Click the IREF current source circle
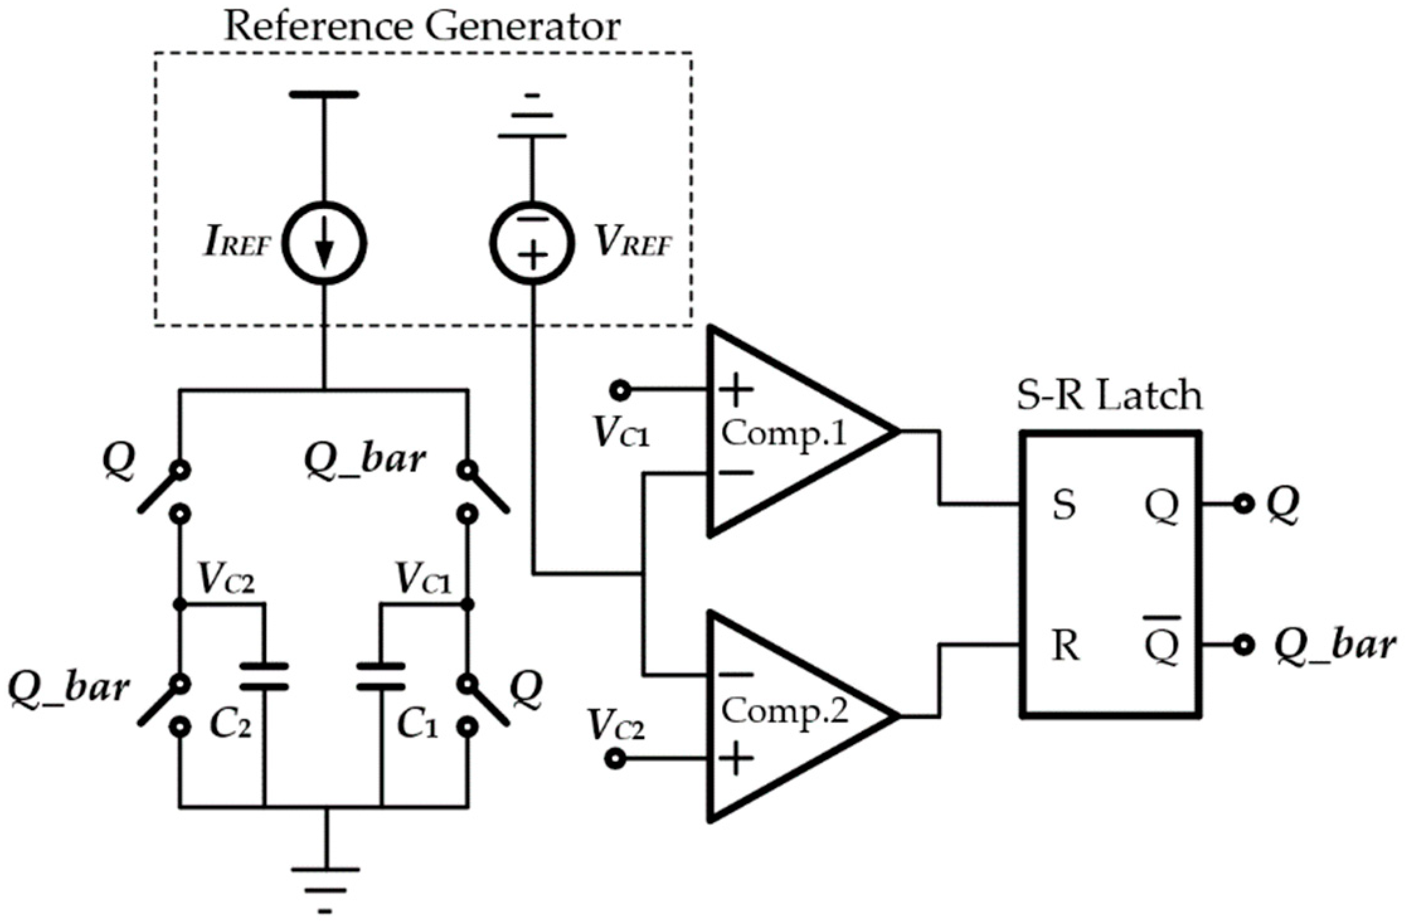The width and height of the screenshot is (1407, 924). pyautogui.click(x=324, y=244)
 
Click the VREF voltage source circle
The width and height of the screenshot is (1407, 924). pyautogui.click(x=533, y=244)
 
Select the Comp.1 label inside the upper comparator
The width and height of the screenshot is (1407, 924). pyautogui.click(x=784, y=433)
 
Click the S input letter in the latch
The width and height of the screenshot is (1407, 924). pyautogui.click(x=1064, y=505)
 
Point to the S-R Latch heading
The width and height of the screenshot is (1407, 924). pyautogui.click(x=1109, y=397)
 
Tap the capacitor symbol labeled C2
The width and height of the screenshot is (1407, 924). pyautogui.click(x=265, y=677)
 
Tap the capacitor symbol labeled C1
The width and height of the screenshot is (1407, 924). pyautogui.click(x=381, y=677)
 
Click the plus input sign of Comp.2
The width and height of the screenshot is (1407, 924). pyautogui.click(x=735, y=758)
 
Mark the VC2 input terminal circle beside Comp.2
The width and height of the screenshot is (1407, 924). pyautogui.click(x=615, y=759)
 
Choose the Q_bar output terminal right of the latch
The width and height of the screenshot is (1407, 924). pyautogui.click(x=1243, y=646)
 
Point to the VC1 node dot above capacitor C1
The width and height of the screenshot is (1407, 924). pyautogui.click(x=467, y=604)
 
